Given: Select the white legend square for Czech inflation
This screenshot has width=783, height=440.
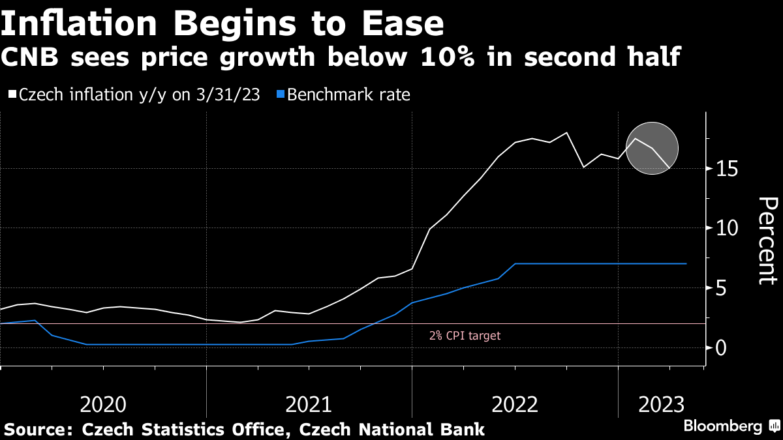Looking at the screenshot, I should [x=12, y=95].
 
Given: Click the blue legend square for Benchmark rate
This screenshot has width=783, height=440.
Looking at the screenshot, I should [x=280, y=95].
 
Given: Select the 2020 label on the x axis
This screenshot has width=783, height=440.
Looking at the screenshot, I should [x=102, y=405].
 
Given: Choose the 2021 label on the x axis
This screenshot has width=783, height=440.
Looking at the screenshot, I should [x=309, y=405].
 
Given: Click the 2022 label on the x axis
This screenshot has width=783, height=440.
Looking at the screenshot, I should [x=515, y=405].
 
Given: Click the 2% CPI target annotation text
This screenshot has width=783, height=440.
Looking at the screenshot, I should [x=465, y=336].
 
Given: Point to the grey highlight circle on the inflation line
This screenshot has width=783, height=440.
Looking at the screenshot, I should [x=652, y=149].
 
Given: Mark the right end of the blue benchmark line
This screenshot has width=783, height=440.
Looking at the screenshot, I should [x=686, y=263].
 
